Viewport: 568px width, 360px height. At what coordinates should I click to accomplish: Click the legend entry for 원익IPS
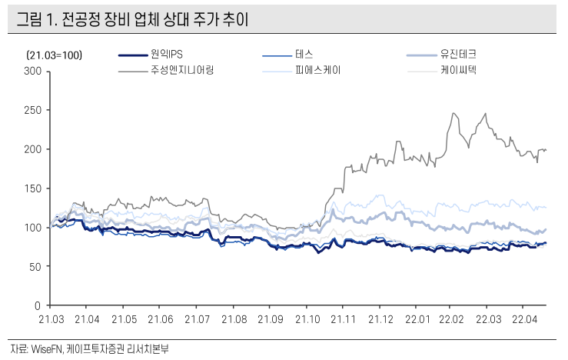(166, 55)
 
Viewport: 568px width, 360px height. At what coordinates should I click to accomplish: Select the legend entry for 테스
(304, 55)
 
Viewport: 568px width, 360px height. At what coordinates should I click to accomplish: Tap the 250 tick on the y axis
(34, 110)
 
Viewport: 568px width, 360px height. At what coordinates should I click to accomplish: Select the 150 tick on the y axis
(34, 188)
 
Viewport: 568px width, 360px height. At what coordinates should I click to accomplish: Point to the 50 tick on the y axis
(36, 266)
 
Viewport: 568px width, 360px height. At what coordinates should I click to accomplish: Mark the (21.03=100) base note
(55, 55)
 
